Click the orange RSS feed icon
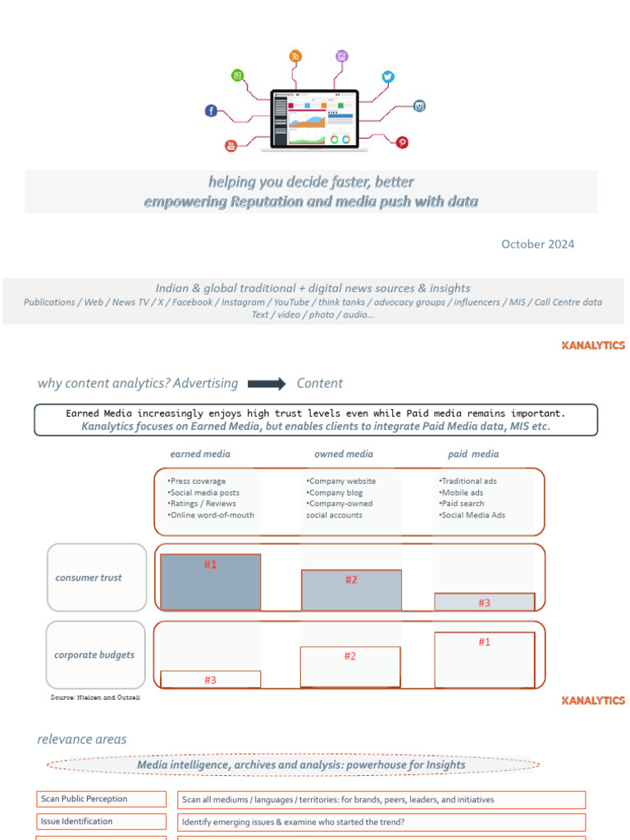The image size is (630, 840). click(x=295, y=56)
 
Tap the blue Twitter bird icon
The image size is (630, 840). click(x=388, y=76)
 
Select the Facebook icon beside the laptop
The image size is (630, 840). click(x=211, y=111)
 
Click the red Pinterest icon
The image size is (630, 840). click(x=402, y=142)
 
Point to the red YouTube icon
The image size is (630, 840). click(x=231, y=146)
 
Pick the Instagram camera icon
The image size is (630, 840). click(x=419, y=106)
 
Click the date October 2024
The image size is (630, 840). click(x=537, y=244)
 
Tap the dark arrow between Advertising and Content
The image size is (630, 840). click(x=267, y=384)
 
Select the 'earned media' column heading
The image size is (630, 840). click(x=200, y=454)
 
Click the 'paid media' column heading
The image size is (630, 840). click(x=473, y=454)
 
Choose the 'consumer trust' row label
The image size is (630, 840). click(x=89, y=577)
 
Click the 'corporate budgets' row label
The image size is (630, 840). click(x=94, y=655)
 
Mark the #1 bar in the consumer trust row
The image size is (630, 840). click(x=211, y=582)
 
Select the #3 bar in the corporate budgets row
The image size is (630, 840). click(x=211, y=679)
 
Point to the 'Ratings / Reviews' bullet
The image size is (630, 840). click(x=202, y=504)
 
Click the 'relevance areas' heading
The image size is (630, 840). click(x=82, y=739)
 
